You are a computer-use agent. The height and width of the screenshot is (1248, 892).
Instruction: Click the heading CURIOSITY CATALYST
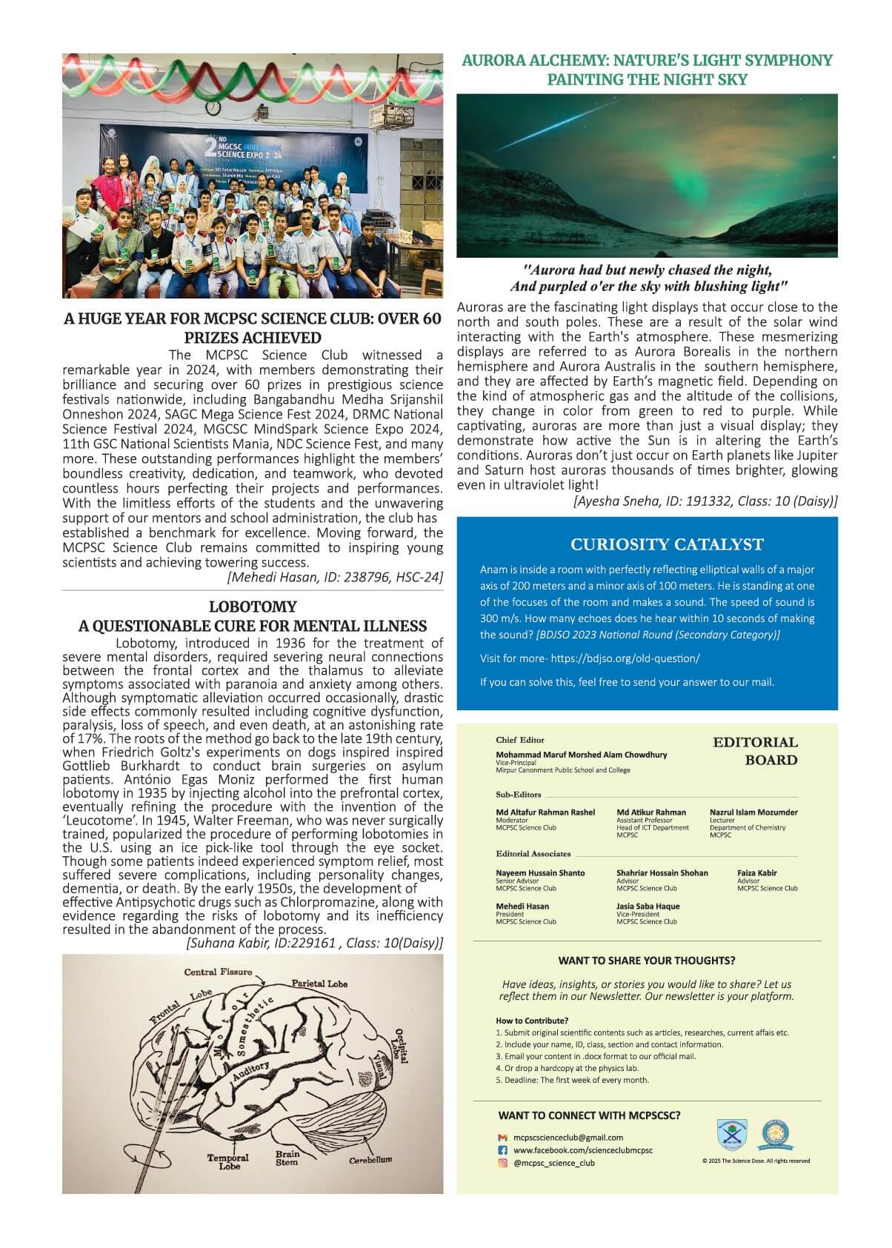[x=667, y=544]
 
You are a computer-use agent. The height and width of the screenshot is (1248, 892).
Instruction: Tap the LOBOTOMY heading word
[x=253, y=607]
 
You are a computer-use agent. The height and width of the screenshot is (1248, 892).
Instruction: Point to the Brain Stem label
[x=287, y=1158]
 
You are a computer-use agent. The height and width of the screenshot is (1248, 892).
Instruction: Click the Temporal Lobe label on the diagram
[x=228, y=1161]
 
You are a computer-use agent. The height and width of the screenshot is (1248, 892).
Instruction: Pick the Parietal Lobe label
[x=319, y=984]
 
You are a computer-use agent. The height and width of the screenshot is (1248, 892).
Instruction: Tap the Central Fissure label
[x=218, y=972]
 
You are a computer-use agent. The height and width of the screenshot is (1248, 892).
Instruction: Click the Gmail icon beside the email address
[x=502, y=1138]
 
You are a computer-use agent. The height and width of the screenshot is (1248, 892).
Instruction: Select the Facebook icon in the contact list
[x=502, y=1150]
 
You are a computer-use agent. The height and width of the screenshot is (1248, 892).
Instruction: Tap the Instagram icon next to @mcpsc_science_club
[x=502, y=1163]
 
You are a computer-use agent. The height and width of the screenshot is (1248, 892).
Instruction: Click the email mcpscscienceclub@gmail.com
[x=568, y=1138]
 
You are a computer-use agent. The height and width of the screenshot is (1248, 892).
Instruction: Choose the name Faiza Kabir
[x=757, y=872]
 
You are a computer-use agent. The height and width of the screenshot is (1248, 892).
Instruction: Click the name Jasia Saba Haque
[x=648, y=906]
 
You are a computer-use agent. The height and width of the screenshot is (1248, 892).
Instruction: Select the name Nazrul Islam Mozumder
[x=753, y=812]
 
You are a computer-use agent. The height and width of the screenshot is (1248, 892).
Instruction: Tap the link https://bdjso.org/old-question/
[x=625, y=658]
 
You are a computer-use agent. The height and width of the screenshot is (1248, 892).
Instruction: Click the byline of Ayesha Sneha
[x=705, y=501]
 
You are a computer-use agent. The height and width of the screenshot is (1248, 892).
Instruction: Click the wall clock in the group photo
[x=214, y=107]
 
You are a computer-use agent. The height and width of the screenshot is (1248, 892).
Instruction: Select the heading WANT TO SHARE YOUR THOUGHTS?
[x=647, y=961]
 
